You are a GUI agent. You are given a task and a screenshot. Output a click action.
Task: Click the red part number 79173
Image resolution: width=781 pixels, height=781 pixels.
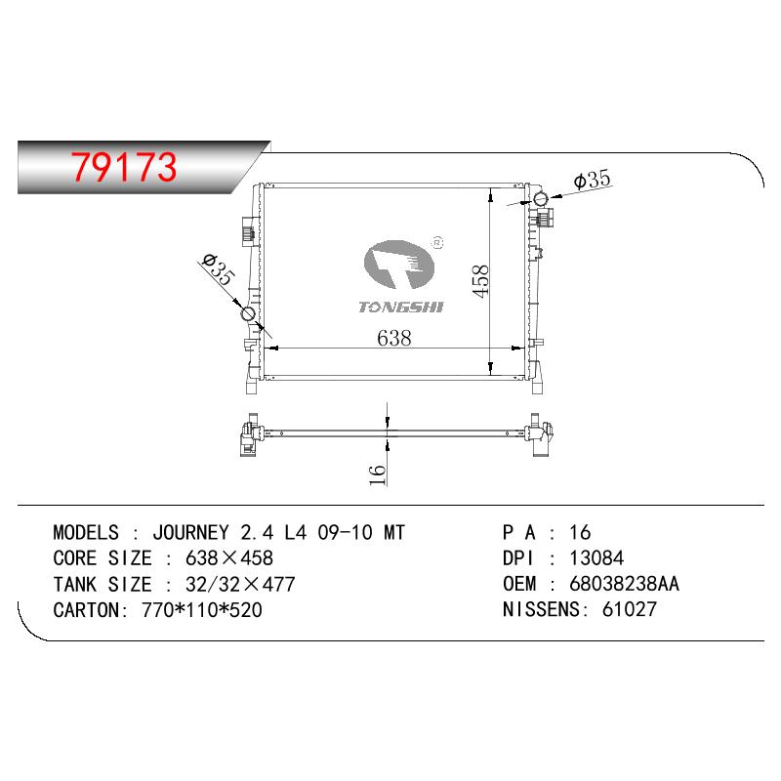pyautogui.click(x=124, y=166)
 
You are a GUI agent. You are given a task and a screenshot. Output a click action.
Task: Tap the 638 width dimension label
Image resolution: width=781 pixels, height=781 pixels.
pyautogui.click(x=394, y=338)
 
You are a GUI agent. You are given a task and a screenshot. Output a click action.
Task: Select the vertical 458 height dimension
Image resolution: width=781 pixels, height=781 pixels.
pyautogui.click(x=480, y=281)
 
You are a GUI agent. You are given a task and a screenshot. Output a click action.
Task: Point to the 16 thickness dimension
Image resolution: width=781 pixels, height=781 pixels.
pyautogui.click(x=377, y=474)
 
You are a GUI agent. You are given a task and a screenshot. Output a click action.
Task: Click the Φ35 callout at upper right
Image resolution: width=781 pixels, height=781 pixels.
pyautogui.click(x=592, y=180)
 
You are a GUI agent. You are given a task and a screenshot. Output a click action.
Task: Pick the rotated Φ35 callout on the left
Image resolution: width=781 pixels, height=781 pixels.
pyautogui.click(x=218, y=269)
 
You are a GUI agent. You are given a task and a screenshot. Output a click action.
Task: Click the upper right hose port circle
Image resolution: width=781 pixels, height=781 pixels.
pyautogui.click(x=541, y=199)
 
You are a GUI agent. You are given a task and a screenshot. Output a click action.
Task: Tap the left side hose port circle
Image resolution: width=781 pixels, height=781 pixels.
pyautogui.click(x=248, y=313)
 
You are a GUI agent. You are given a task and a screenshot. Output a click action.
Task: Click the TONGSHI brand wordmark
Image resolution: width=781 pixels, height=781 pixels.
pyautogui.click(x=401, y=307)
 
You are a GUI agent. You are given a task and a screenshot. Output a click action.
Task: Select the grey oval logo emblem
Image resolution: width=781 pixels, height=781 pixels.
pyautogui.click(x=399, y=265)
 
